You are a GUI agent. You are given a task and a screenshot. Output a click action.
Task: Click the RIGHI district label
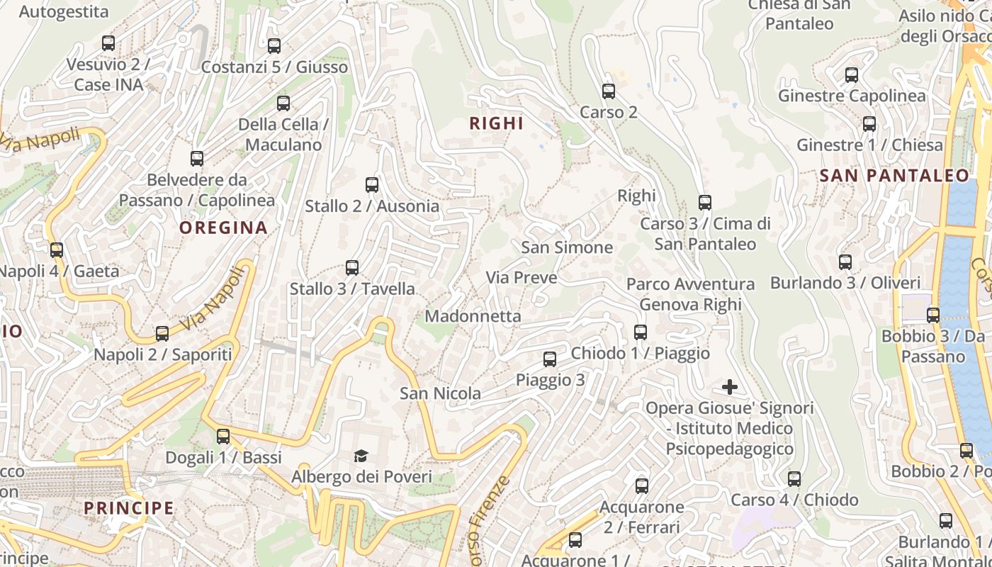(496, 123)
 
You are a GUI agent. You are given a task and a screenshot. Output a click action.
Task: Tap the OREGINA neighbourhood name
(223, 228)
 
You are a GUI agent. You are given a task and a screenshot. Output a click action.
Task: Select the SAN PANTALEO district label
(894, 176)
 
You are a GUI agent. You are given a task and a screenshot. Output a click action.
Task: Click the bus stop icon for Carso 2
(609, 91)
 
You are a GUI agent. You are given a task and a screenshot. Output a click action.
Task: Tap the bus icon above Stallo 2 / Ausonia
(372, 185)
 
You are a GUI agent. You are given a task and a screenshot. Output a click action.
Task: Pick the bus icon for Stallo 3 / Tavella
(352, 268)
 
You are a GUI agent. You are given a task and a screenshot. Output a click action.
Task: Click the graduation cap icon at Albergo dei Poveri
(361, 456)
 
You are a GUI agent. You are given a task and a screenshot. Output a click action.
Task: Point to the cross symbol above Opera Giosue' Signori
(730, 387)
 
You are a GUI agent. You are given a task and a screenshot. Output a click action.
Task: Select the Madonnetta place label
(473, 316)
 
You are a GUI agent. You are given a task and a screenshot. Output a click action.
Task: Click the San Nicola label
(440, 393)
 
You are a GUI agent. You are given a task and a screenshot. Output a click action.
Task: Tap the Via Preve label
(522, 278)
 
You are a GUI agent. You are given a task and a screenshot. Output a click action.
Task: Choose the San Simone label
(567, 247)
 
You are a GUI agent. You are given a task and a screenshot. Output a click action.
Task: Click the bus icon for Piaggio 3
(550, 359)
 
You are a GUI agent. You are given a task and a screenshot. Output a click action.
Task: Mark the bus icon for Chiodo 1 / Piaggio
(641, 332)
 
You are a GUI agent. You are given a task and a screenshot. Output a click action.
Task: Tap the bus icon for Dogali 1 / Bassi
(223, 437)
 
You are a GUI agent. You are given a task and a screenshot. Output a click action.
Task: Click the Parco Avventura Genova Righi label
(690, 294)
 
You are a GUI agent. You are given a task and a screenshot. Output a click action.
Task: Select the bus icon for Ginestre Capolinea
(852, 75)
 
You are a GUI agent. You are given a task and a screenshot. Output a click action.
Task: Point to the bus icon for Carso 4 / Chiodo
(794, 479)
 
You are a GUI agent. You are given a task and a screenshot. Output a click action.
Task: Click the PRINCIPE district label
(129, 508)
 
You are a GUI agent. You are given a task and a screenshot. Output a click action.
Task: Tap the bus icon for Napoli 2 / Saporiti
(162, 334)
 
